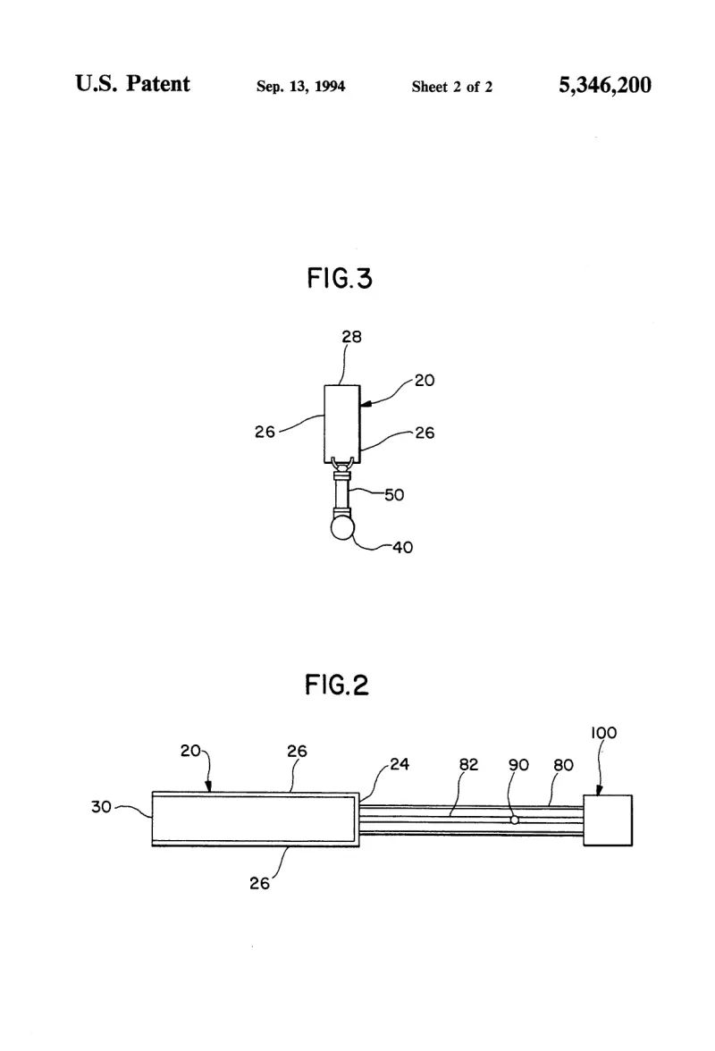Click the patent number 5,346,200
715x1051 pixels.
point(605,85)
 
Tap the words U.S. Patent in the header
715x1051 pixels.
point(132,83)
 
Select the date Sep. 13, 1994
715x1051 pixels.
point(301,87)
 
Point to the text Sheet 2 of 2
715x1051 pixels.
point(451,87)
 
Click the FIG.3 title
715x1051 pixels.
point(339,278)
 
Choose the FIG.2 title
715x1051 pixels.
point(337,685)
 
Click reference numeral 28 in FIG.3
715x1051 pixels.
point(351,336)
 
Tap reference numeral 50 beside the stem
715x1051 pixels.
point(394,495)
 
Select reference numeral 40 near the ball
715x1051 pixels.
point(402,548)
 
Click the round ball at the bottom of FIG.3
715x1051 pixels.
point(342,527)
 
